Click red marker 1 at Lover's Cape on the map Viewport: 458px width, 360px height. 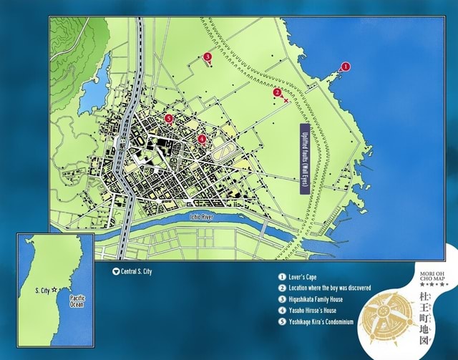tap(346, 67)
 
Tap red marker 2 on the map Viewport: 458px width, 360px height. tap(277, 92)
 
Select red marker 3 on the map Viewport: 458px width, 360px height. tap(207, 56)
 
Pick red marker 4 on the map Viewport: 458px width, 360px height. tap(202, 138)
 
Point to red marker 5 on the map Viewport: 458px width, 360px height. tap(168, 118)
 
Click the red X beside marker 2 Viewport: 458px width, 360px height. tap(286, 100)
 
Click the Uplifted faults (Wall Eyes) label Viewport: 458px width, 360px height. tap(304, 159)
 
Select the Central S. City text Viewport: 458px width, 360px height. tap(136, 271)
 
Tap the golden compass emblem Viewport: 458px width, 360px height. tap(384, 311)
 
